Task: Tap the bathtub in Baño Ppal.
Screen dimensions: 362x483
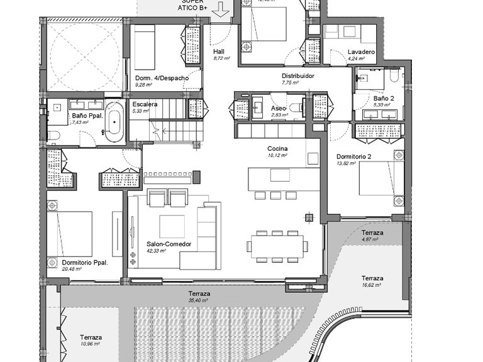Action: point(114,122)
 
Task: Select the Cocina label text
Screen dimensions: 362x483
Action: point(277,148)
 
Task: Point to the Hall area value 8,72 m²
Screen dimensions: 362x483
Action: point(222,58)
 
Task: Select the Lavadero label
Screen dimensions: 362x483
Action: point(361,52)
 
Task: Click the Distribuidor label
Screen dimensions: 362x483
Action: point(297,75)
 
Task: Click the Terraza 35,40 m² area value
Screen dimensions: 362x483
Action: point(199,300)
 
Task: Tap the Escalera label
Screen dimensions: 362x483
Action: point(144,104)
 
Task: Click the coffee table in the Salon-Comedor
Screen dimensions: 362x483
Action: point(172,226)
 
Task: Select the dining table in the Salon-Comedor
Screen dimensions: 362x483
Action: point(277,246)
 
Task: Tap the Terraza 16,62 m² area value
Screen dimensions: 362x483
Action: point(372,285)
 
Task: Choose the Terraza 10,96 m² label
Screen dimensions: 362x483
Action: point(91,337)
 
